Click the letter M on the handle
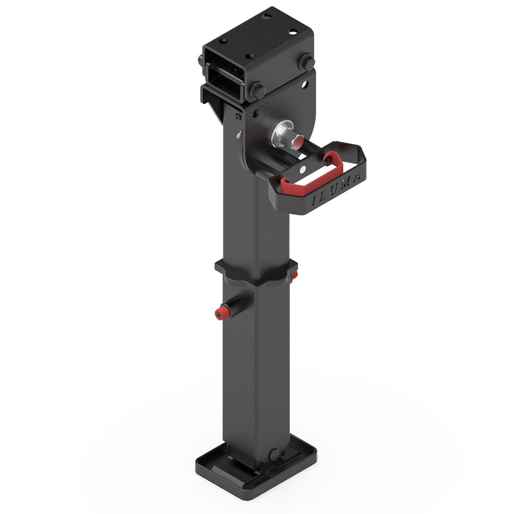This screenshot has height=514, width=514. [x=346, y=183]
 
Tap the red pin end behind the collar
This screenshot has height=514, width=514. [x=294, y=274]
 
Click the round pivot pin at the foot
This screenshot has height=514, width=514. [x=274, y=455]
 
